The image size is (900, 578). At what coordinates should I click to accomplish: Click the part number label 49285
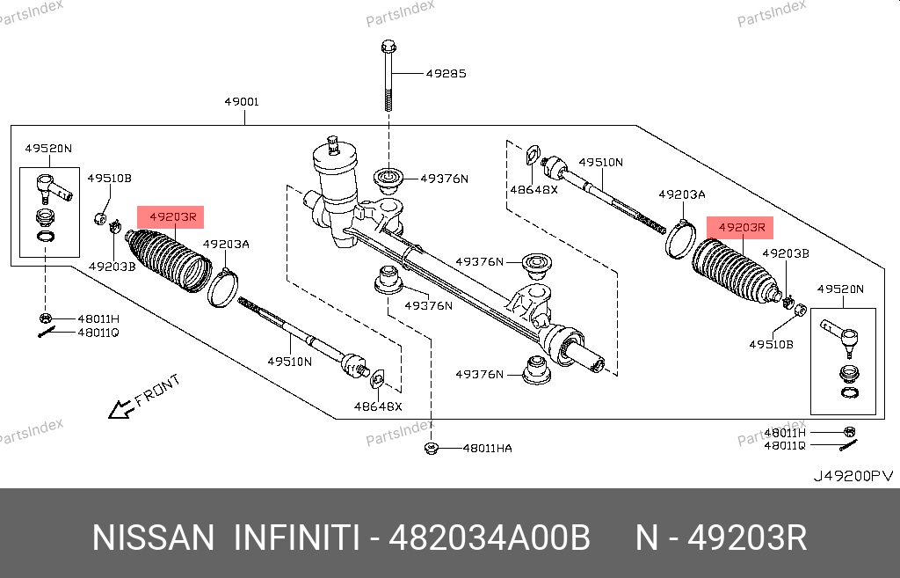[446, 73]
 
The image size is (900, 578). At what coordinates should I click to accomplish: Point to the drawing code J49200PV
[852, 476]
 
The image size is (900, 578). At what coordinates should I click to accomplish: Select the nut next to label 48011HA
[432, 448]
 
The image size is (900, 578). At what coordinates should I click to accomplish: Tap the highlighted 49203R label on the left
[171, 216]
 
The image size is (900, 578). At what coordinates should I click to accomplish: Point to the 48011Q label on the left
[98, 333]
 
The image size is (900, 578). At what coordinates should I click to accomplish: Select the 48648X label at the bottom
[378, 406]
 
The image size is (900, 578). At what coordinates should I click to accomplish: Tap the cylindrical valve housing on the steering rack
[337, 177]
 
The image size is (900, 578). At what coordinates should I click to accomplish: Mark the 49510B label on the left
[109, 179]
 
